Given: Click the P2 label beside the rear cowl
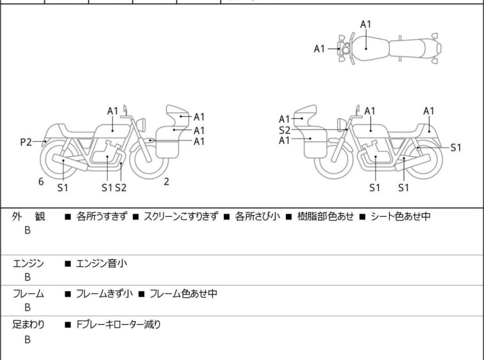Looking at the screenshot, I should [26, 142].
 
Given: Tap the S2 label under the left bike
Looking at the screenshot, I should [121, 188].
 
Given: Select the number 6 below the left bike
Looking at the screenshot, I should [41, 182].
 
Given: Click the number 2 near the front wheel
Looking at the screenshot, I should [166, 182].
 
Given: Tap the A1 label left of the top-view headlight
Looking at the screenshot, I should [319, 48].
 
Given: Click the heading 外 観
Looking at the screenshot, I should [28, 217].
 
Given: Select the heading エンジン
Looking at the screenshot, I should [28, 262].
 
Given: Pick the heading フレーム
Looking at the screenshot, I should [28, 294].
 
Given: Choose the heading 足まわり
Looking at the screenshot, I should [28, 325].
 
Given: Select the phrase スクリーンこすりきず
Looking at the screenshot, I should [183, 217].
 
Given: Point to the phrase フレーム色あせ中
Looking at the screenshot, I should [183, 294].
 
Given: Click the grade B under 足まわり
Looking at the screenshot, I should [28, 340].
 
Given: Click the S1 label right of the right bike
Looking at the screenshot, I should [455, 147].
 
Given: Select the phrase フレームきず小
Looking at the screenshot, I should [104, 294].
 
